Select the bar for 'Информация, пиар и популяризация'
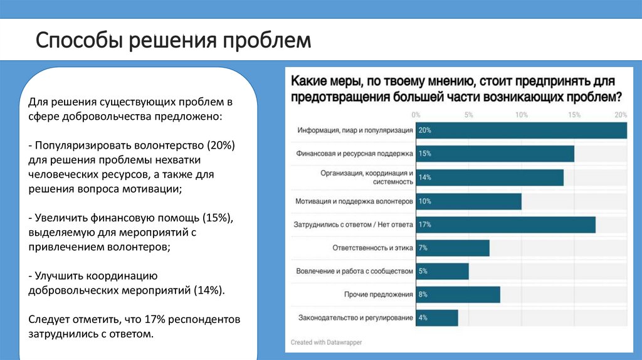520,130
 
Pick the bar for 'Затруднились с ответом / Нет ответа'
505,225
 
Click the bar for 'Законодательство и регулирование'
436,318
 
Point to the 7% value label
423,248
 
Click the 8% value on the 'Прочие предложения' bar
423,294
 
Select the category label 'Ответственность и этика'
372,248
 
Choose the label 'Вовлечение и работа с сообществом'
354,271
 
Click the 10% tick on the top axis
521,115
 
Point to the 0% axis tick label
416,115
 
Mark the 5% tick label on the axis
468,115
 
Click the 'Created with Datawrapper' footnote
326,342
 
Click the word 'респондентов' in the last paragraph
207,319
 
